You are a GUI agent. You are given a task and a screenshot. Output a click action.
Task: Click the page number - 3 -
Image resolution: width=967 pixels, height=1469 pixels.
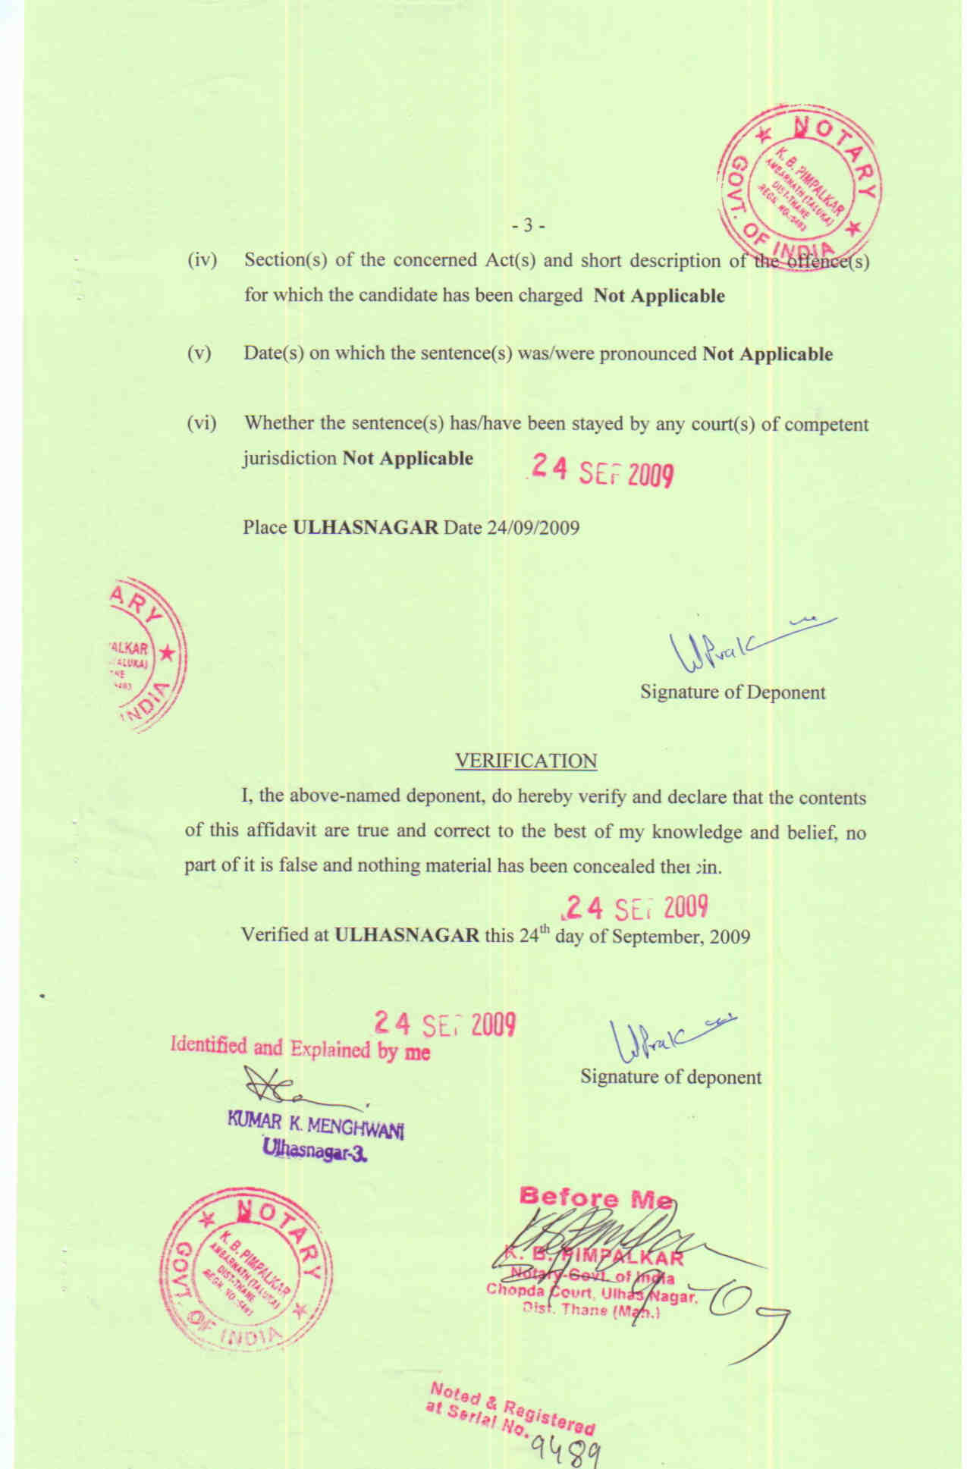529,226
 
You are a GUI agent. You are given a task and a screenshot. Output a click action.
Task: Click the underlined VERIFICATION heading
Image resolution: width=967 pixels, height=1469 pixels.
526,761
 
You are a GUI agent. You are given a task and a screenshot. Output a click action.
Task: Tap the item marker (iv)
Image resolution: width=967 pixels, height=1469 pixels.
202,261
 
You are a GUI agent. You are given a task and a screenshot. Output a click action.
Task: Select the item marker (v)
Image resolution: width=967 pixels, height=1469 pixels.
199,354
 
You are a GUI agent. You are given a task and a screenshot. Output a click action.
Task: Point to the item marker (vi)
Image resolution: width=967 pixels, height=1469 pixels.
202,424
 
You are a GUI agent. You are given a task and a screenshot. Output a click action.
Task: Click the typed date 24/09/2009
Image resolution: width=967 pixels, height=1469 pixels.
533,528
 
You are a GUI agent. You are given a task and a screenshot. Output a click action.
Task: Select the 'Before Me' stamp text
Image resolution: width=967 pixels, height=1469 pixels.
595,1199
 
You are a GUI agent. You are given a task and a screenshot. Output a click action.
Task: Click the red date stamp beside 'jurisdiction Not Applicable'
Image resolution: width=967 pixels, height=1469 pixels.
602,472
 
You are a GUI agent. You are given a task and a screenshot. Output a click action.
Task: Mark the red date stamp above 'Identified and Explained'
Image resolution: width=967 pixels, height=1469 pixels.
445,1025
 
